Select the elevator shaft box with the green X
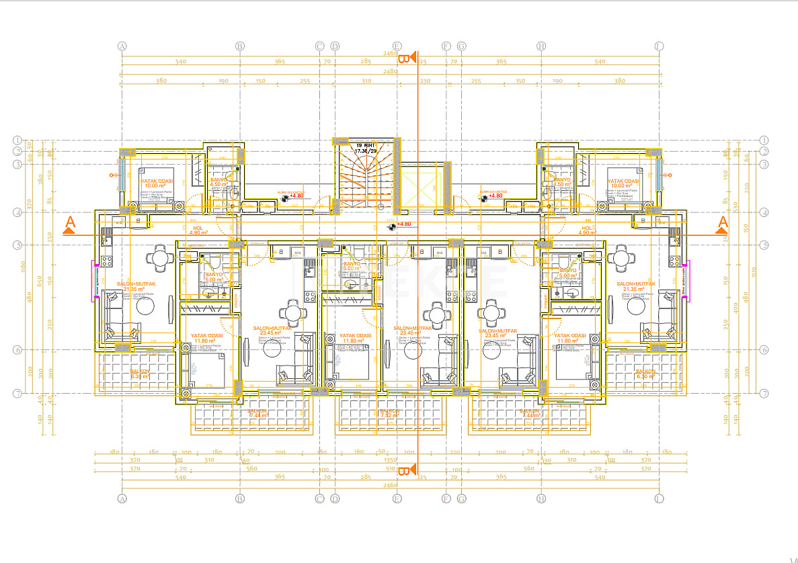point(420,189)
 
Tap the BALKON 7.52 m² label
point(390,413)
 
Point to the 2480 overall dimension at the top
point(390,71)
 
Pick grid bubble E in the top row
point(397,46)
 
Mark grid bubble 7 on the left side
point(18,393)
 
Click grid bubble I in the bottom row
point(659,499)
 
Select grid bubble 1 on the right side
point(764,140)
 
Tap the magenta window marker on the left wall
point(95,279)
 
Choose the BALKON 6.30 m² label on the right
point(645,374)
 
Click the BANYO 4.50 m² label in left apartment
point(220,182)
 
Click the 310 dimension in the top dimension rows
point(366,81)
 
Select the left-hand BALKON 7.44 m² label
point(257,413)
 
